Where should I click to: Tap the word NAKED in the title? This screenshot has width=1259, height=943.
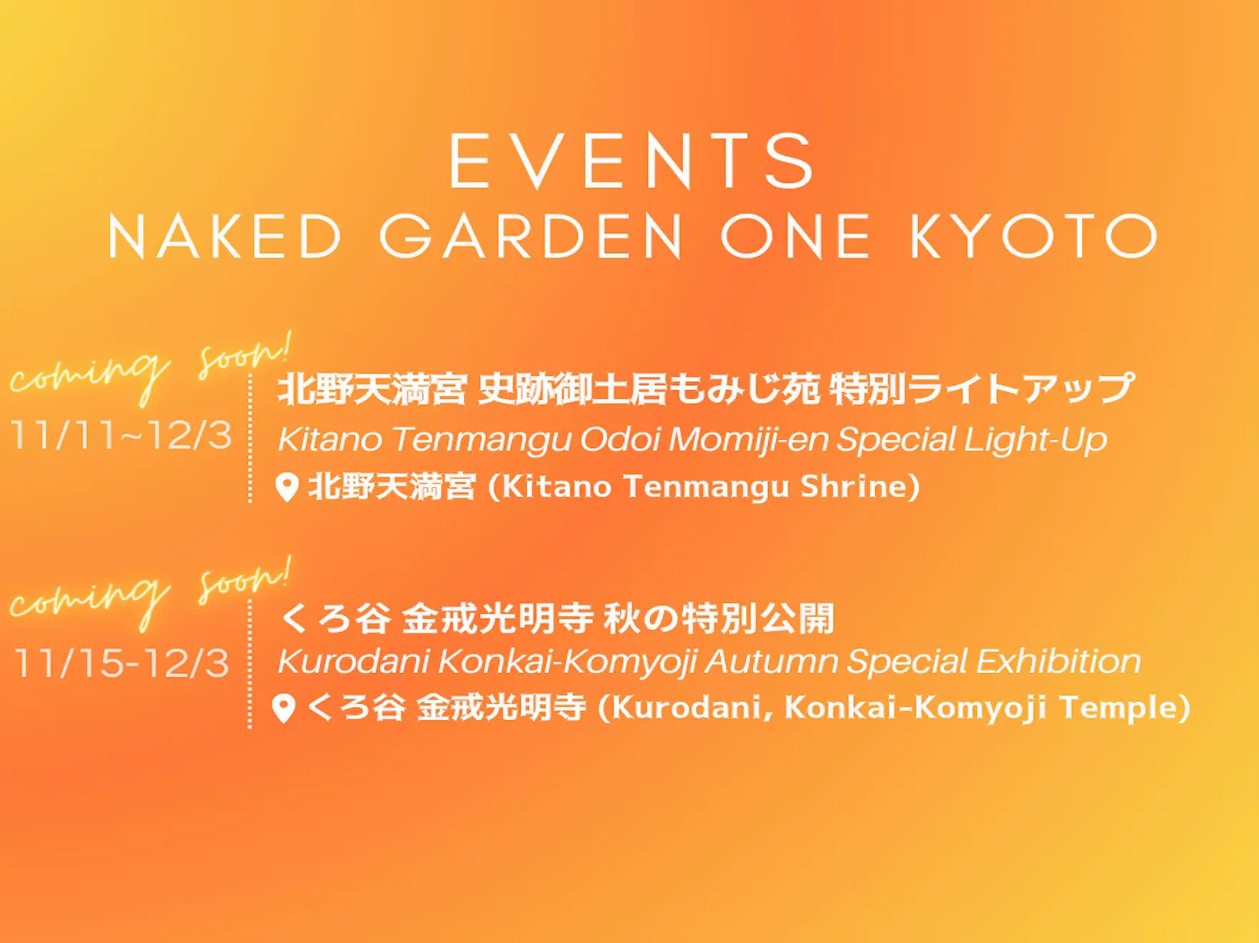(225, 236)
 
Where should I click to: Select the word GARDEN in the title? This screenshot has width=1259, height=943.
(532, 236)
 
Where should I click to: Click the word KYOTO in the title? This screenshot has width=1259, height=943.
(1034, 236)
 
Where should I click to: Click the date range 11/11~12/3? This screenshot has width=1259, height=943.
(121, 435)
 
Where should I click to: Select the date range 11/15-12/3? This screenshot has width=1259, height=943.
(121, 663)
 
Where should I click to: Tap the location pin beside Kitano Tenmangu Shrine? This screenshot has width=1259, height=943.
(287, 487)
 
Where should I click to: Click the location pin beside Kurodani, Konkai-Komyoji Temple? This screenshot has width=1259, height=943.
(284, 709)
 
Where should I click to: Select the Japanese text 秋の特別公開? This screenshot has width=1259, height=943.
(719, 619)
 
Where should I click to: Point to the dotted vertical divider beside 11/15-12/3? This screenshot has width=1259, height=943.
(249, 664)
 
